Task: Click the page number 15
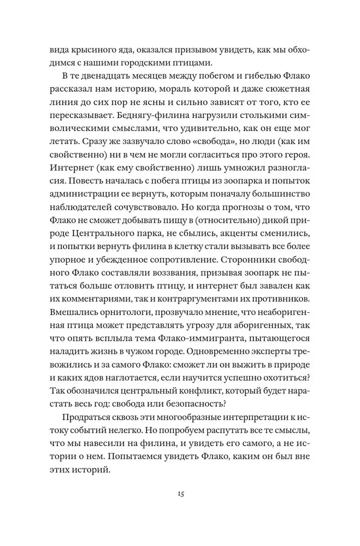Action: tap(180, 494)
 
